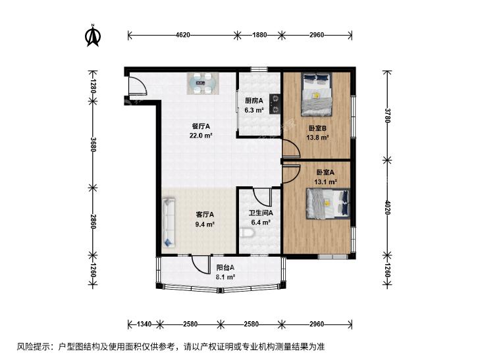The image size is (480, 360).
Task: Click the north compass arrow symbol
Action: coord(93,35)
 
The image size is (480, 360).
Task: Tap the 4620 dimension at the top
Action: coord(183,35)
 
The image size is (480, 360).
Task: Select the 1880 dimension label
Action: coord(259,35)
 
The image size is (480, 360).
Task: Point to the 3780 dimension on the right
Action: coord(388,115)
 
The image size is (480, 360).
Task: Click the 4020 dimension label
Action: coord(388,207)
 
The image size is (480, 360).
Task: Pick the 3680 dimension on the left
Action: coord(93,144)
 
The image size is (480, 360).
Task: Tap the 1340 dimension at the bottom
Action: coord(144,324)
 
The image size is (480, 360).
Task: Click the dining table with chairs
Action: coord(203,83)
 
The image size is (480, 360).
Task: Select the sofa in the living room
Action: coord(169,222)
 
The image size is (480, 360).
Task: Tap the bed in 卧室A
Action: coord(328,204)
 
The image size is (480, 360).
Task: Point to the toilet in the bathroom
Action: coord(248,233)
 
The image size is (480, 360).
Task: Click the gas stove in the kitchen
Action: coord(275,104)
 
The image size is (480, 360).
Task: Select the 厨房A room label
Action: coord(253,100)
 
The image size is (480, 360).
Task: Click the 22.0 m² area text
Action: coord(201,136)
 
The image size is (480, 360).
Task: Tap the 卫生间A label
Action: coord(261,213)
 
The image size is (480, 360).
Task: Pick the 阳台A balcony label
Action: coord(225,268)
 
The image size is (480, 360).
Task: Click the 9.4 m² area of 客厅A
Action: coord(205,224)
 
